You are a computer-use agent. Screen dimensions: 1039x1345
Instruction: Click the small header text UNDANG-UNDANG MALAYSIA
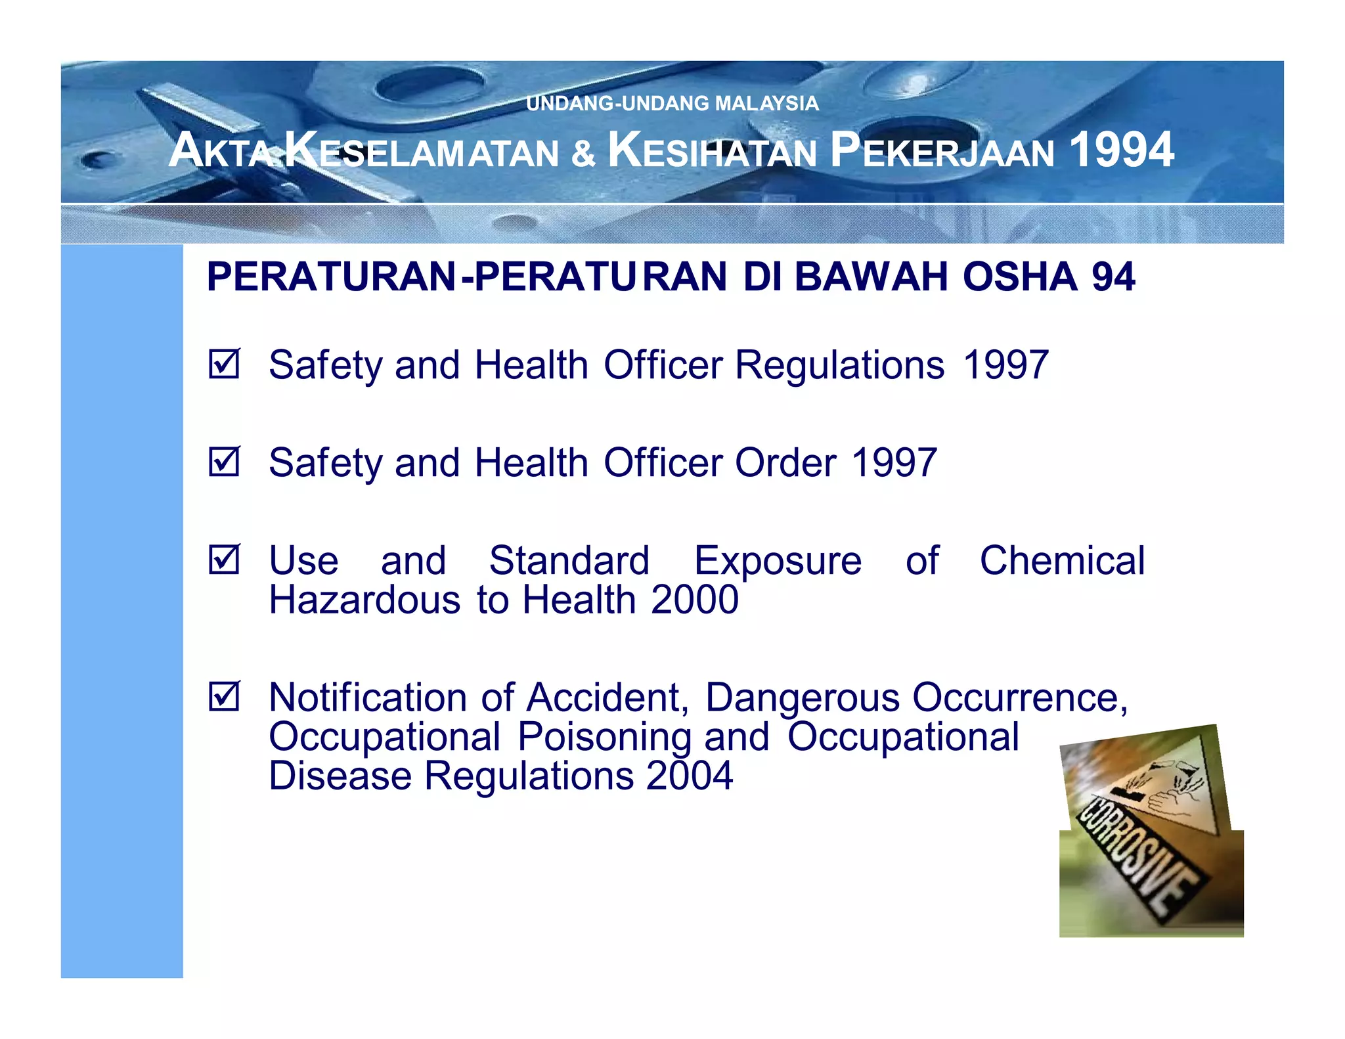(672, 104)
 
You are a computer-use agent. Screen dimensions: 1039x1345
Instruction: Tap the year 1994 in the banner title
(1122, 150)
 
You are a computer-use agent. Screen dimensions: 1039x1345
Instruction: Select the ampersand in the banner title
(583, 152)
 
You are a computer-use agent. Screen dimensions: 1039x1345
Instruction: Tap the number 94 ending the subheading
(1113, 276)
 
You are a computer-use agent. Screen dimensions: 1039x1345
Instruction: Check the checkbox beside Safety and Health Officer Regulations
(225, 364)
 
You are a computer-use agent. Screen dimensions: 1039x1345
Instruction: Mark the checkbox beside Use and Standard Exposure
(225, 560)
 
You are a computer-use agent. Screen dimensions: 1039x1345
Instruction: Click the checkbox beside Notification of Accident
(225, 696)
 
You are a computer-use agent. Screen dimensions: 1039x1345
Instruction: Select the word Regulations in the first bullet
(839, 365)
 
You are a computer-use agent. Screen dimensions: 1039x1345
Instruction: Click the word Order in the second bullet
(785, 463)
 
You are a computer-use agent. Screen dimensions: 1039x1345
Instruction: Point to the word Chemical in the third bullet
(1062, 561)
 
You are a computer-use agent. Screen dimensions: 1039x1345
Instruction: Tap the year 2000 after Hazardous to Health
(695, 600)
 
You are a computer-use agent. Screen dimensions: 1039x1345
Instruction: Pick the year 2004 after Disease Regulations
(689, 776)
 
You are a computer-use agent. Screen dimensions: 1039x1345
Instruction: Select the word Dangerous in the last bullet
(802, 697)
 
